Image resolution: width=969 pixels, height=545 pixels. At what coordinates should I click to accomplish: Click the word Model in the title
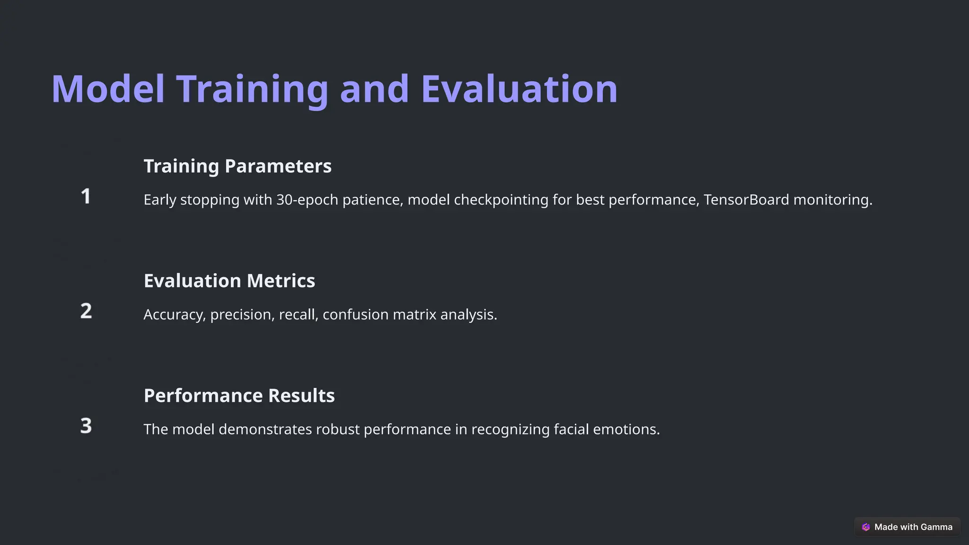108,89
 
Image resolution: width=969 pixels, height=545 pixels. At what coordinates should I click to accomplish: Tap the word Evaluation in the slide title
519,89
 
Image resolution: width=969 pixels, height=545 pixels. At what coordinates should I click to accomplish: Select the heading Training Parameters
238,166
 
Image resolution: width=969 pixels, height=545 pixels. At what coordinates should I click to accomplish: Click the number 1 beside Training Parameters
86,196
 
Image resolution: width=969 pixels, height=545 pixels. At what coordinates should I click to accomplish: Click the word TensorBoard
746,200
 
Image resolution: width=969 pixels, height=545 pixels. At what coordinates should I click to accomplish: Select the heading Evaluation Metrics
229,281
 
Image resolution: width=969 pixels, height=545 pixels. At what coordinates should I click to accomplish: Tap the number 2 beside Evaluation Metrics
86,311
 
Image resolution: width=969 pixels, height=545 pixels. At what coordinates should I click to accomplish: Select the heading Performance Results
239,396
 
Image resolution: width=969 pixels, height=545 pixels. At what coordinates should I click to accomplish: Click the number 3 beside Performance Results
86,426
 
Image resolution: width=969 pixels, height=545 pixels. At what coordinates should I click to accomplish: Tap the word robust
337,430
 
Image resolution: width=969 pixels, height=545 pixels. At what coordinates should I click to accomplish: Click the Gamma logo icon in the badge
866,527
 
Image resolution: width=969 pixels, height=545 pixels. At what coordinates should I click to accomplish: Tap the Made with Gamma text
913,527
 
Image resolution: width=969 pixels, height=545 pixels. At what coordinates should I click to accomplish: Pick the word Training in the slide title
252,89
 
